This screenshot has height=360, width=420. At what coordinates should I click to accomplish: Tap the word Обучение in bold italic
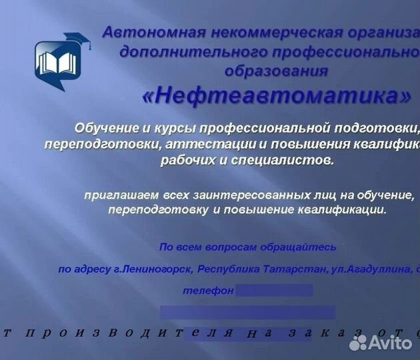click(105, 127)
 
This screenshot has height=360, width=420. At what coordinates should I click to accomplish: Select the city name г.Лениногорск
click(154, 269)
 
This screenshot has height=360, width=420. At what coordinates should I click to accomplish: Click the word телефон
click(208, 291)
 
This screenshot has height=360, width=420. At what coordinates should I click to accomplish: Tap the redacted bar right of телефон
click(274, 291)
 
